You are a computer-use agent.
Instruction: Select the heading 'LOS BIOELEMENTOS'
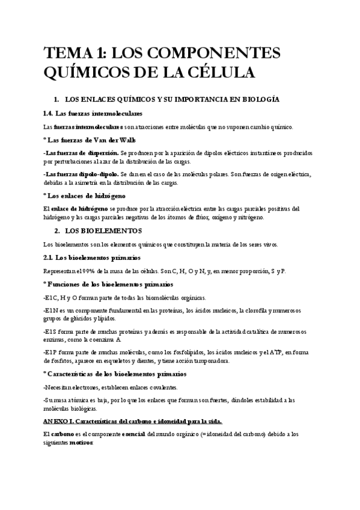point(103,231)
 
